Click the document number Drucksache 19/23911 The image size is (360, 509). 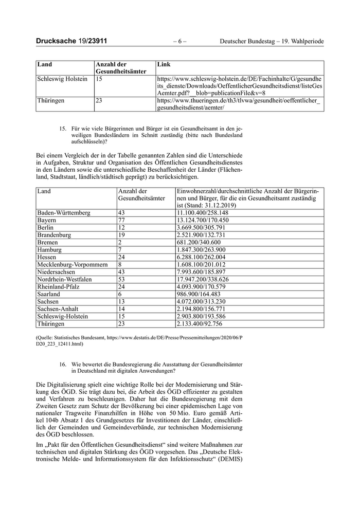click(71, 41)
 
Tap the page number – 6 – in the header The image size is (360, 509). click(179, 41)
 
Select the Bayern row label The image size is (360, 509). click(47, 220)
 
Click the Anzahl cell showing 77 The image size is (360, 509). click(122, 220)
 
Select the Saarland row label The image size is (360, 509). click(49, 294)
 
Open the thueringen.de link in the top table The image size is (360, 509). click(239, 105)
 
